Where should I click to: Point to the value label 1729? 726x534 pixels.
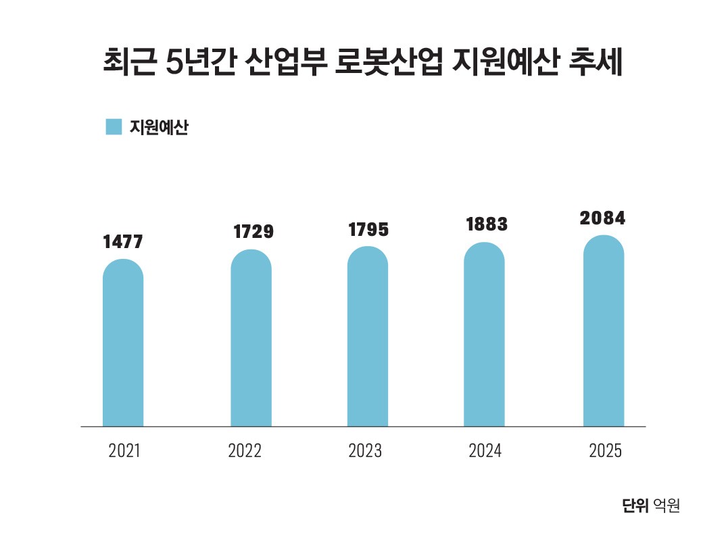(x=253, y=232)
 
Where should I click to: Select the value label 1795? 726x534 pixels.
(x=368, y=230)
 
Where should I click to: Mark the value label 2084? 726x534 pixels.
(x=603, y=218)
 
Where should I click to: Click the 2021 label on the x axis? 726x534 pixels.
(x=124, y=451)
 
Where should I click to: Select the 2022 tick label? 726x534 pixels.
(x=245, y=451)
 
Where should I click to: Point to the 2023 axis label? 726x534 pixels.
(x=365, y=451)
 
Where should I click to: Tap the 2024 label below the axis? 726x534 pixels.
(x=485, y=451)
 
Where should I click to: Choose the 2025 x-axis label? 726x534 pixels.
(x=605, y=451)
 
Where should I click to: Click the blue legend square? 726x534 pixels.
(x=114, y=127)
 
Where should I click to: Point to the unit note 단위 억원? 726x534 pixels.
(x=651, y=506)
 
